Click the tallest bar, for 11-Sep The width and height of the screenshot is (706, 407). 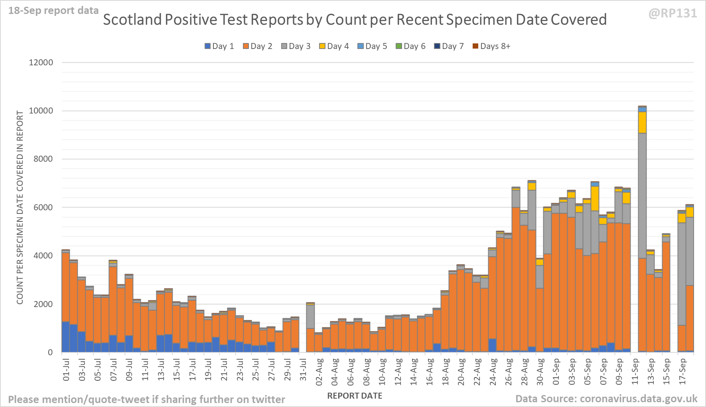tap(642, 239)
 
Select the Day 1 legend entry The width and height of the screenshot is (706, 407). tap(219, 46)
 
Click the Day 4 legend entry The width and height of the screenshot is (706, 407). tap(334, 46)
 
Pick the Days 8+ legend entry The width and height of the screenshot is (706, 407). tap(491, 46)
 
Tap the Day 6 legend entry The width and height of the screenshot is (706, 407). tap(410, 46)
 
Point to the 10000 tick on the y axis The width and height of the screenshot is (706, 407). tap(41, 111)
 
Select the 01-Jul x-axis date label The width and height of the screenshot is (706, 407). tap(66, 370)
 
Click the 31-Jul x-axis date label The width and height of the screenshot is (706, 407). tap(303, 370)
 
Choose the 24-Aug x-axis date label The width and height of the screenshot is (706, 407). tap(493, 372)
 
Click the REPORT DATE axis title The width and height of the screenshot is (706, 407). tap(355, 396)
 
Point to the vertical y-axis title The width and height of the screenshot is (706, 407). tap(20, 207)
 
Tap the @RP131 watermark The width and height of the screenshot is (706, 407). tap(672, 14)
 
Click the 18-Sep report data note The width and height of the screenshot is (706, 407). tap(53, 11)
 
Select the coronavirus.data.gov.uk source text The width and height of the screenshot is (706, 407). tap(638, 399)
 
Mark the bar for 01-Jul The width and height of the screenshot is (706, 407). tap(66, 303)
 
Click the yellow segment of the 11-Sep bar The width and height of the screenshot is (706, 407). tap(642, 122)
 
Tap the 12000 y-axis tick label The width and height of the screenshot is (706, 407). tap(41, 63)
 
